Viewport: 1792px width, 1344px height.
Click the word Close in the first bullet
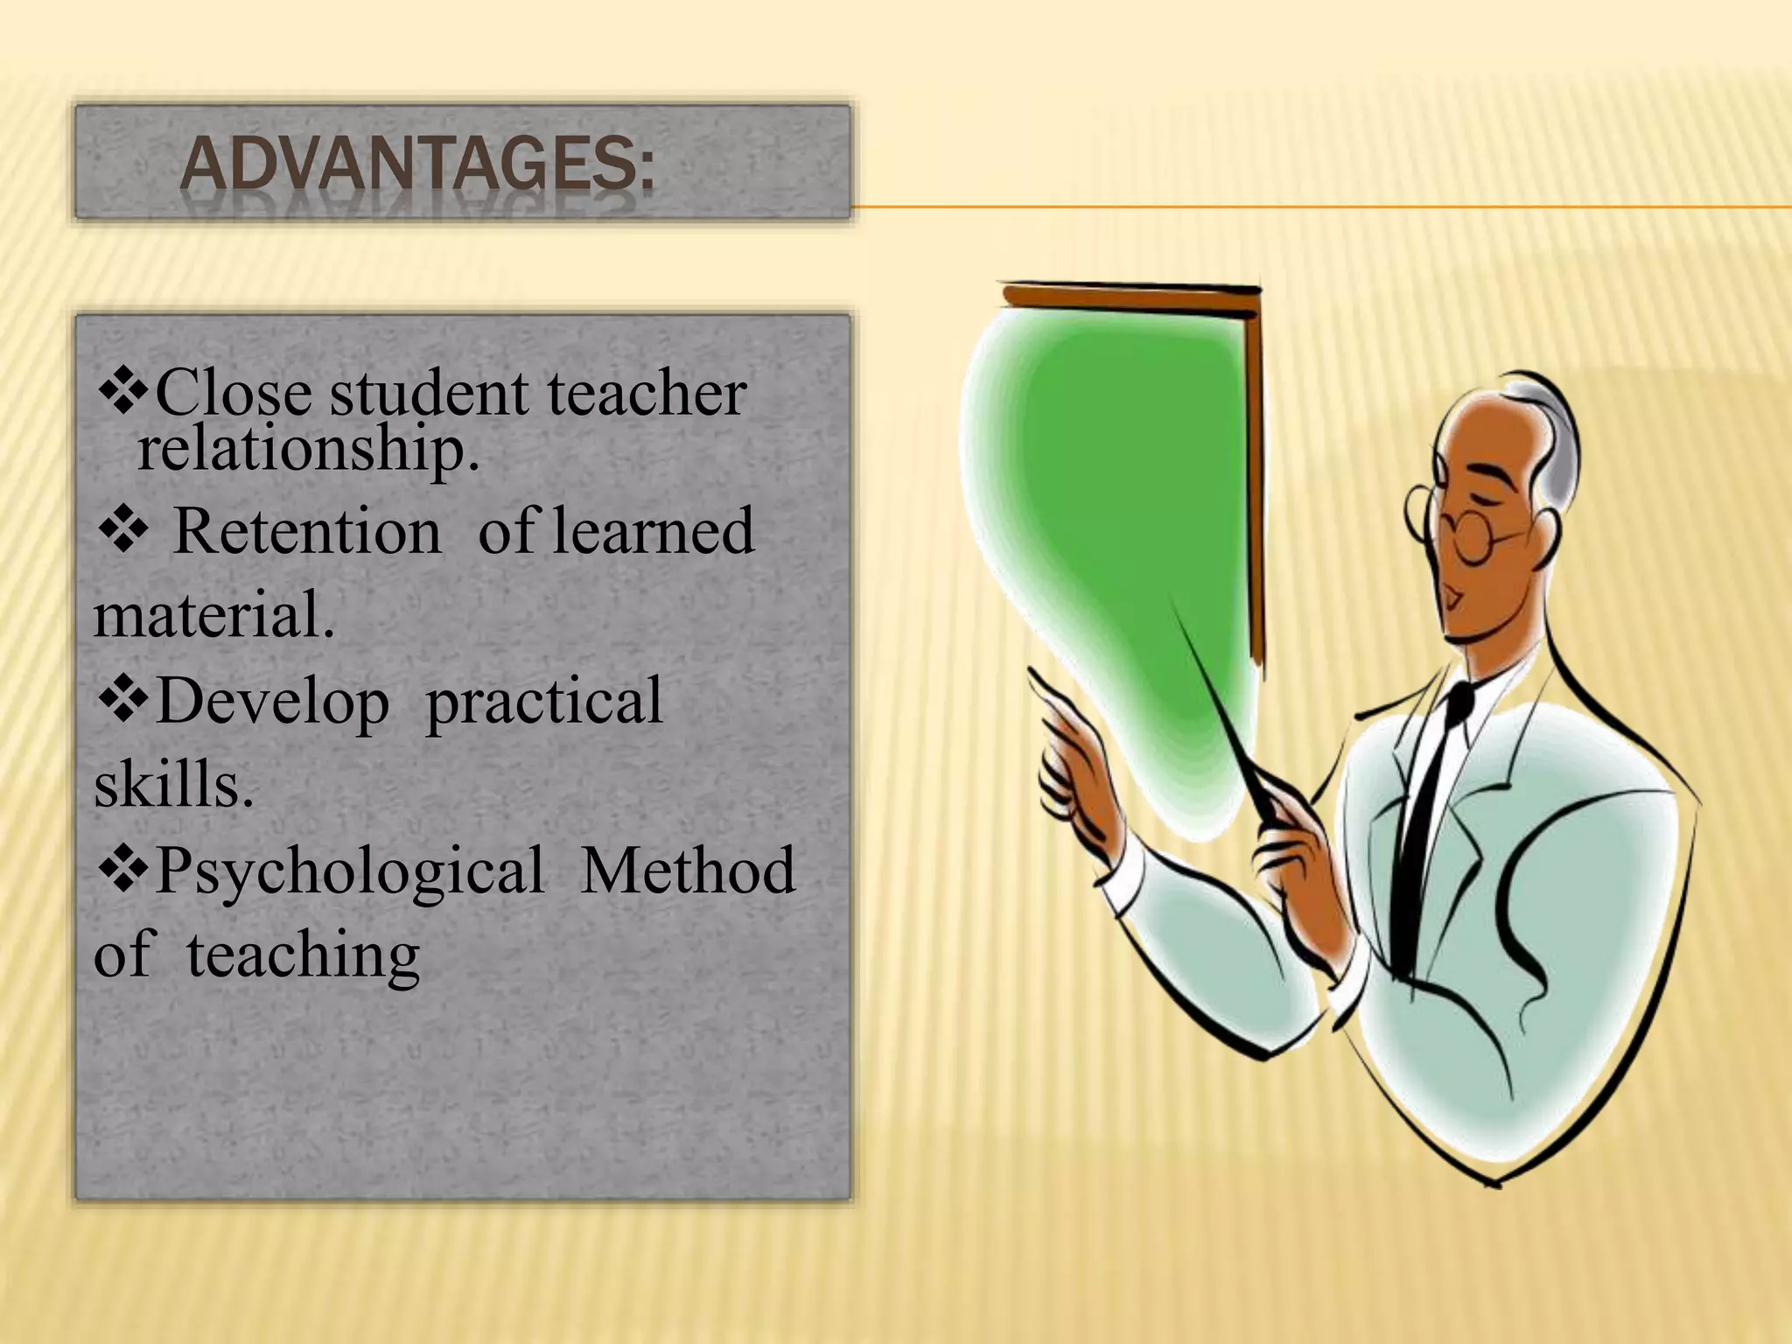pos(233,394)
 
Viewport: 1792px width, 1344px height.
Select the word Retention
pos(307,531)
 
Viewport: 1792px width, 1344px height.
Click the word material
pos(213,614)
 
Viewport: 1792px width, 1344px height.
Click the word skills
pos(173,784)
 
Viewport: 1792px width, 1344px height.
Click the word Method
pos(688,871)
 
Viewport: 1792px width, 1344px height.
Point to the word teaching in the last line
pos(303,955)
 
